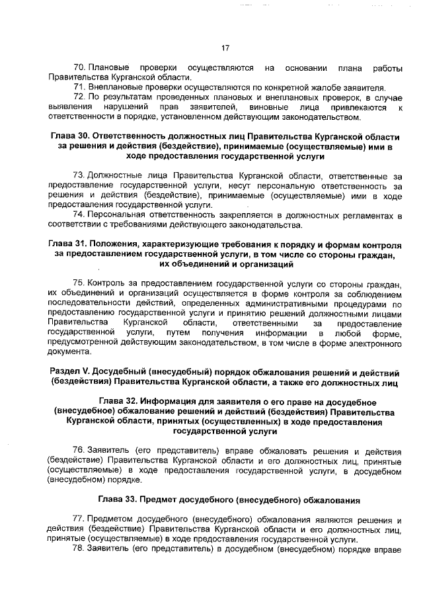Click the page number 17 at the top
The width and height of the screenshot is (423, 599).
point(225,48)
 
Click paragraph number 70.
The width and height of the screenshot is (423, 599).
point(79,68)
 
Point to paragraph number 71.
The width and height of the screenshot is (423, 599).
point(79,87)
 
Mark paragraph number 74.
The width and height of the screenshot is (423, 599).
point(79,215)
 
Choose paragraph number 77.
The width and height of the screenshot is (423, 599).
point(79,520)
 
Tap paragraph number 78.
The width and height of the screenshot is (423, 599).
point(79,549)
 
